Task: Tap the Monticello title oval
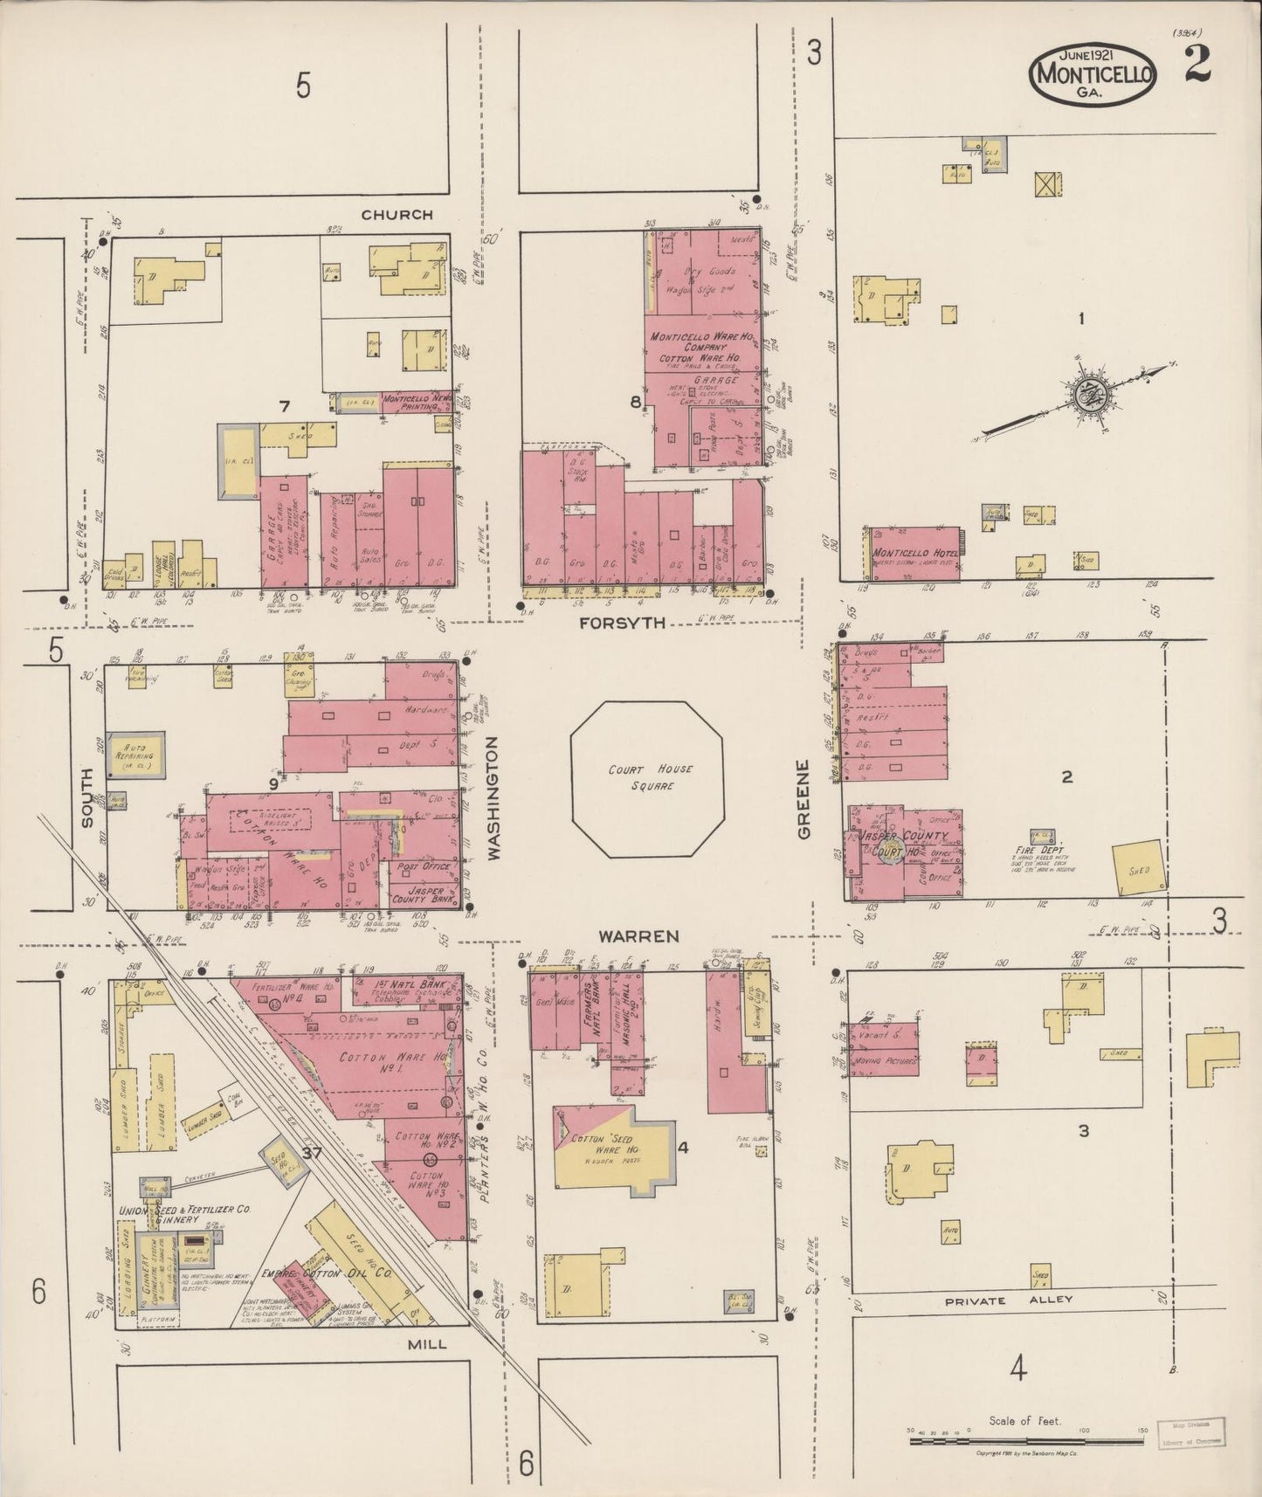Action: tap(1094, 73)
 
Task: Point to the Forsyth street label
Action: tap(625, 623)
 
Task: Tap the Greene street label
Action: tap(804, 799)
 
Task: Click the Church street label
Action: tap(397, 214)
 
